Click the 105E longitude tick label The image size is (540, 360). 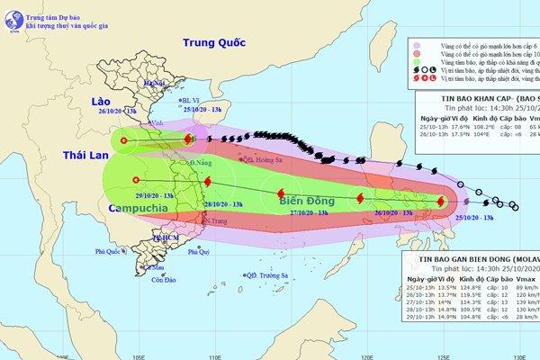click(137, 355)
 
